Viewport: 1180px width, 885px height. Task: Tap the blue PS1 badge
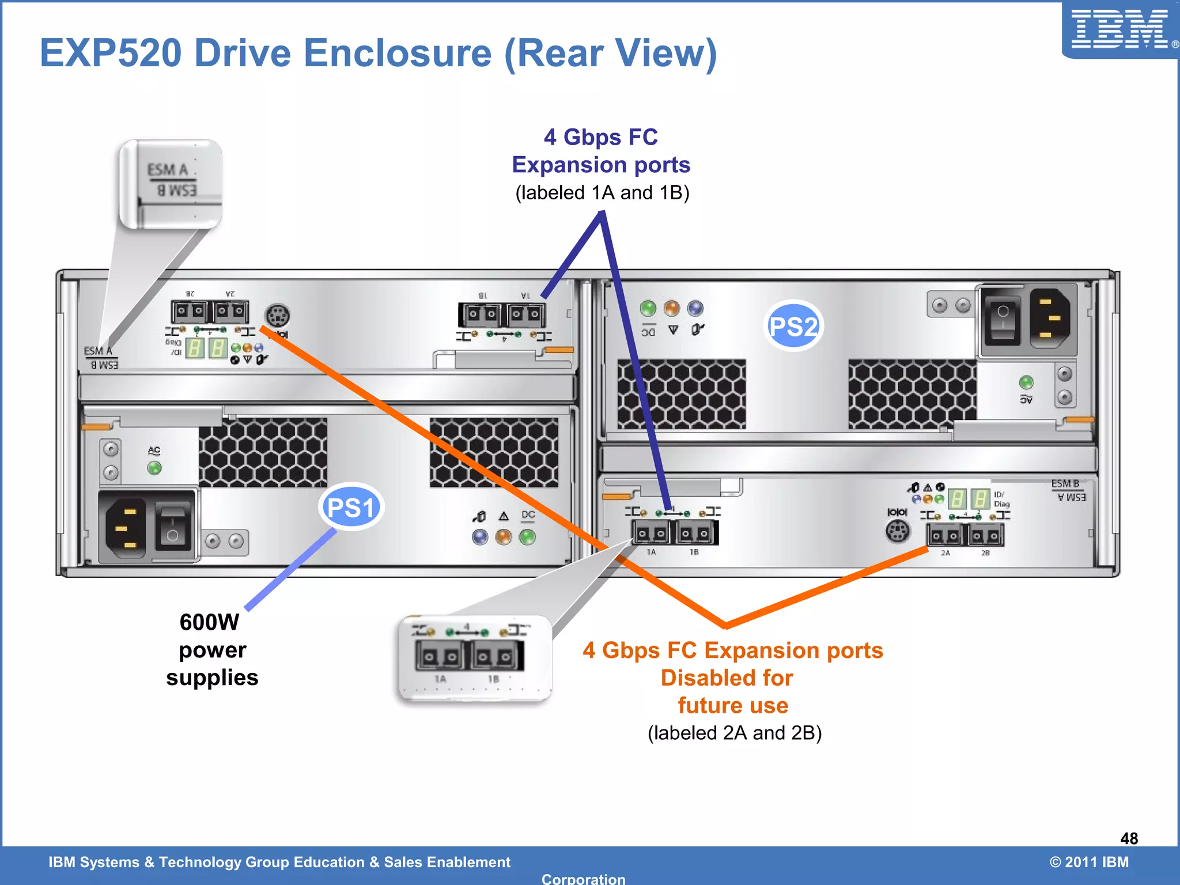pos(350,507)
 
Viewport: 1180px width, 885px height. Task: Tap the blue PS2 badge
pos(793,326)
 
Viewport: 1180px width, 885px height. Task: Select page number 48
pos(1129,838)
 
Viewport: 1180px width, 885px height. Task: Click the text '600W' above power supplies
pos(209,622)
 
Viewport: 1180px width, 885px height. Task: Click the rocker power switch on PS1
pos(172,527)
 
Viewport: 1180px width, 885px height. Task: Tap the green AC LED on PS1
pos(154,468)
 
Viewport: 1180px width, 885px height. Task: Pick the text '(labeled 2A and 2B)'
pos(735,733)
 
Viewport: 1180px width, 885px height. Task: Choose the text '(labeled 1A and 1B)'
pos(602,192)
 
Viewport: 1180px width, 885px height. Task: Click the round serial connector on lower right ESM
pos(898,531)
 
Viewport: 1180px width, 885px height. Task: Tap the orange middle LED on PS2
pos(672,308)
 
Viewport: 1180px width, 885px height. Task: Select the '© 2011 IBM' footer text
pos(1088,862)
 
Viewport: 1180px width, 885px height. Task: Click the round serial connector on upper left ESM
pos(277,315)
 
